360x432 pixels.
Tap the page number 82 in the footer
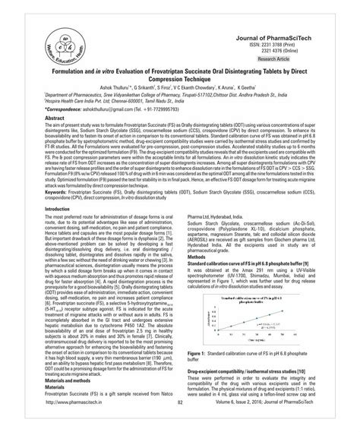(180, 423)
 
